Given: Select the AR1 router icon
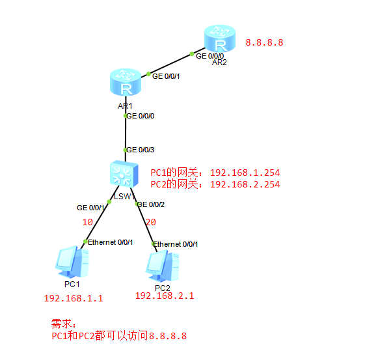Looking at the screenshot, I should tap(124, 84).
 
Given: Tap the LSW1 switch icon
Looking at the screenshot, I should tap(123, 174).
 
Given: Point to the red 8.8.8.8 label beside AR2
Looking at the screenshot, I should tap(264, 43).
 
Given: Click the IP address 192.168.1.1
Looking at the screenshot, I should tap(74, 299).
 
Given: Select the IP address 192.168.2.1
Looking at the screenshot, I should tap(164, 296).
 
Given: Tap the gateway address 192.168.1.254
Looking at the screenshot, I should tap(245, 173).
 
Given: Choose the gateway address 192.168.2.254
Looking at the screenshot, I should tap(245, 185).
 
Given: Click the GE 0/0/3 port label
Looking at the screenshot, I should tap(140, 150).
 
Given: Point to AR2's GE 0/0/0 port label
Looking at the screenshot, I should tap(211, 55).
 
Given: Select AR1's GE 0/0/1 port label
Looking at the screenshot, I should tap(167, 76).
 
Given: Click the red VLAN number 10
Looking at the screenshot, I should tap(87, 222).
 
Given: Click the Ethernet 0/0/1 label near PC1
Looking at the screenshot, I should tap(110, 242).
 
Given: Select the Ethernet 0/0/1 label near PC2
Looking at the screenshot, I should tap(176, 244).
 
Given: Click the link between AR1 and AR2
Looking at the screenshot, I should tap(170, 64).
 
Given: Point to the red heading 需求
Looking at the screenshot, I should tap(63, 323).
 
